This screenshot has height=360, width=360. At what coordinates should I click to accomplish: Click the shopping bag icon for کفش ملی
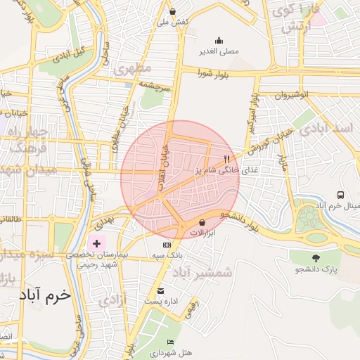point(173,11)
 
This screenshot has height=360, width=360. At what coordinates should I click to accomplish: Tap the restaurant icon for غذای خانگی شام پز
point(226,159)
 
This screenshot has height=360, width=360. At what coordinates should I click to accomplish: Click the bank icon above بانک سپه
point(167,243)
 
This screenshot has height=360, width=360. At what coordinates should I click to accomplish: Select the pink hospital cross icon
point(96,243)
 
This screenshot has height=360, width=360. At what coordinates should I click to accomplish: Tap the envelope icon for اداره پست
point(161,291)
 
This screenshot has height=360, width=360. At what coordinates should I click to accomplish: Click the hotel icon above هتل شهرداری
point(171,342)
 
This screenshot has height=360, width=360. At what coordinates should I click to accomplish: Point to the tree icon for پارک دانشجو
point(316,258)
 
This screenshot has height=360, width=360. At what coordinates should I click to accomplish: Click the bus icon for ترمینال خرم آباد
point(340,195)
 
